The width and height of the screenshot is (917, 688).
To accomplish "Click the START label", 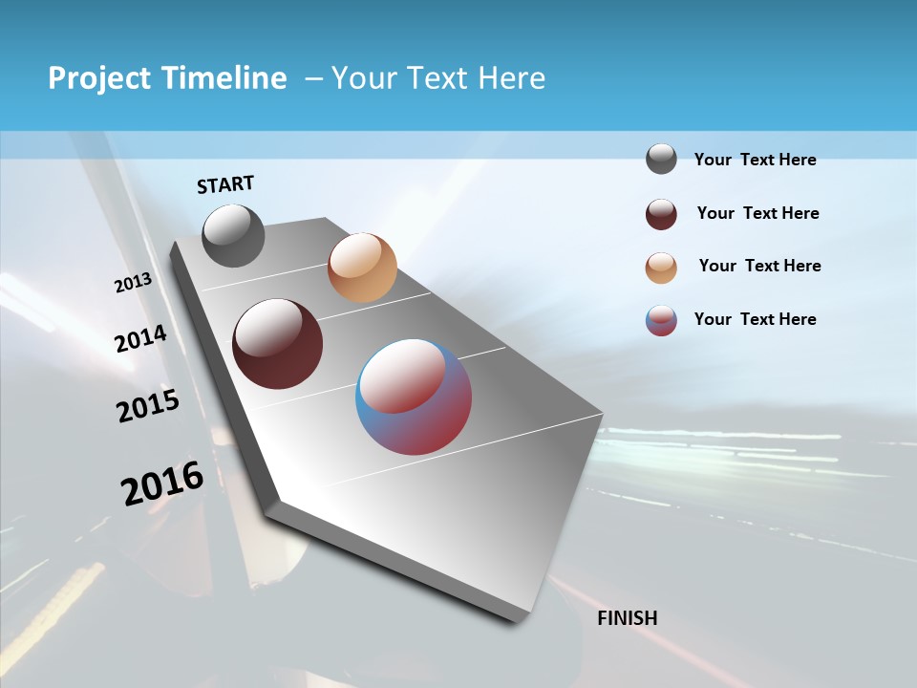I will [x=225, y=184].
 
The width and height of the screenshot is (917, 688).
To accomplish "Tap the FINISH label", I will [x=627, y=618].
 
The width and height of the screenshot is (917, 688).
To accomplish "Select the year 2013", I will [x=133, y=283].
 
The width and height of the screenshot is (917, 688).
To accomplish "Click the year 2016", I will [x=162, y=484].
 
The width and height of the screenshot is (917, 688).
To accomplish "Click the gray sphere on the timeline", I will [x=233, y=235].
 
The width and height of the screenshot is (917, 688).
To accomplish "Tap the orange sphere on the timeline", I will [x=362, y=268].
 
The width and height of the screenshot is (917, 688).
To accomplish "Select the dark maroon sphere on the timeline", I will [x=277, y=344].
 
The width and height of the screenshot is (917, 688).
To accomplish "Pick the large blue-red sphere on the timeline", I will [x=414, y=397].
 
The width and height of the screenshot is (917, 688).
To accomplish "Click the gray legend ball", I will [x=661, y=160].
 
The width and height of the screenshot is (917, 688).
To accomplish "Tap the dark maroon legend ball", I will [x=661, y=214].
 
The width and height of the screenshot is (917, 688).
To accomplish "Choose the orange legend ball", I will [x=661, y=268].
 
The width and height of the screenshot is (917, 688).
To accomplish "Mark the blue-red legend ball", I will [x=661, y=320].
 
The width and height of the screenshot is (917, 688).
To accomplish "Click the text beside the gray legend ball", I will [x=755, y=161].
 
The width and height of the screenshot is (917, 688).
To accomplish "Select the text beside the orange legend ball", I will [x=759, y=266].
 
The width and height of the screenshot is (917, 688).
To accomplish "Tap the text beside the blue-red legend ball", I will [x=755, y=319].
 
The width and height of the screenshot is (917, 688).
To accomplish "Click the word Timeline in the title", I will [x=225, y=78].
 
